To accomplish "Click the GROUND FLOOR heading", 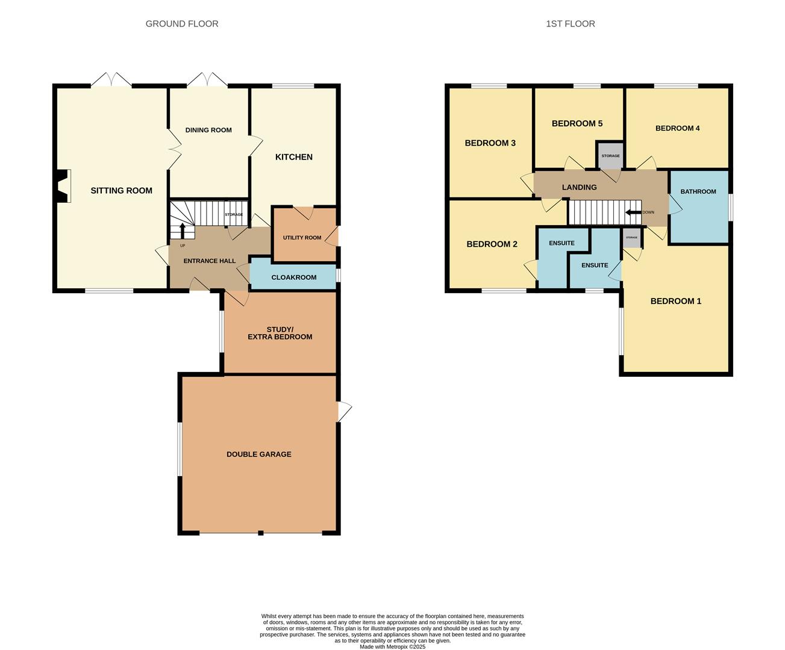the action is [x=182, y=23].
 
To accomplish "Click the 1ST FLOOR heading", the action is [x=571, y=23].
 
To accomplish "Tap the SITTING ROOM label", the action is [x=122, y=190].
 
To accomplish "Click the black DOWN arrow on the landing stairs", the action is [x=633, y=212].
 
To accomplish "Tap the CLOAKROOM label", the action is [x=294, y=277].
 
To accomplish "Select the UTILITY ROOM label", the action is [x=302, y=238].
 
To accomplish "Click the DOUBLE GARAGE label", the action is [x=259, y=454].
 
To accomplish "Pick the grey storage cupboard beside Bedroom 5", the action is [x=610, y=155].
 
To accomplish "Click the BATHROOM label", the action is [x=698, y=191].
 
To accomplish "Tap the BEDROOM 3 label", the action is [x=490, y=143].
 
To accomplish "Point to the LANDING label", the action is [x=580, y=187].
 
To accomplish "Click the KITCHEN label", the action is [x=294, y=157].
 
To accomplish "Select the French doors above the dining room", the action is [x=207, y=79].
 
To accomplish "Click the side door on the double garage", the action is [x=345, y=412].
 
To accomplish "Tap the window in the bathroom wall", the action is [x=731, y=207].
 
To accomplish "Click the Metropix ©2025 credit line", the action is [x=393, y=646].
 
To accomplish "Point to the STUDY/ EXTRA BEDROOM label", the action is [x=280, y=333].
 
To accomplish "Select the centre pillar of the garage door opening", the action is [x=260, y=533].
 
